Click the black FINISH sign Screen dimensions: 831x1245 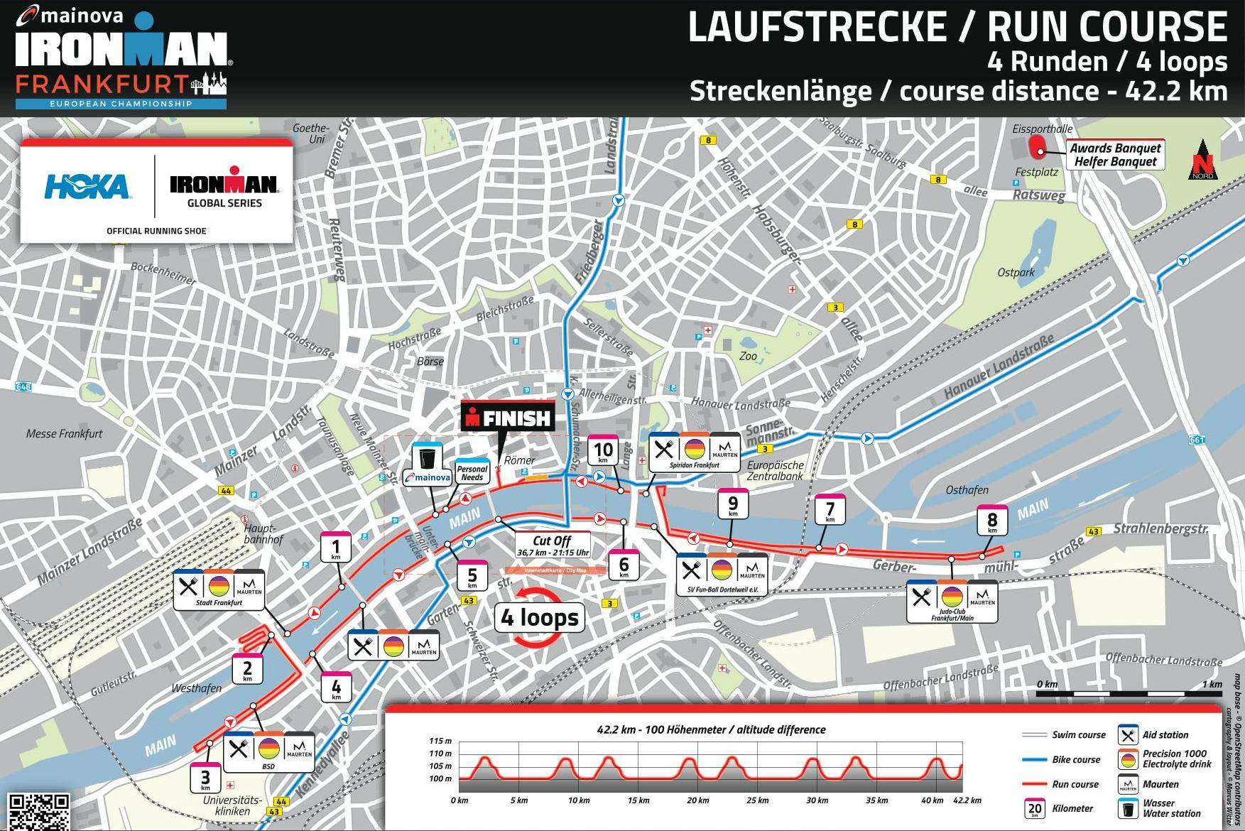click(x=507, y=418)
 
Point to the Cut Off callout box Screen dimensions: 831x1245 click(x=553, y=545)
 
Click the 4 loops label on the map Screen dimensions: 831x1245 click(x=540, y=617)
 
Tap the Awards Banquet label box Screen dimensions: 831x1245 click(x=1115, y=154)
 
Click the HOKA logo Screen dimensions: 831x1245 click(x=87, y=188)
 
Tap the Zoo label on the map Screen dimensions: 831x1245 click(x=748, y=356)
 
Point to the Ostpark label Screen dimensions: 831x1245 click(x=1016, y=272)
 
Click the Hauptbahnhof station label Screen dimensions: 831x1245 click(x=263, y=533)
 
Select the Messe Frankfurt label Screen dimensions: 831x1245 click(x=64, y=433)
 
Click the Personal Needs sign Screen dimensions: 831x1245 click(x=472, y=472)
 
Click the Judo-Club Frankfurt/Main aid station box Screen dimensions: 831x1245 click(x=952, y=601)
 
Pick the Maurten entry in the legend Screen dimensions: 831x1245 click(x=1160, y=784)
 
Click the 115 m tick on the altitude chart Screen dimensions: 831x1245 click(x=440, y=741)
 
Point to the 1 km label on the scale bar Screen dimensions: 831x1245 click(x=1212, y=684)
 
